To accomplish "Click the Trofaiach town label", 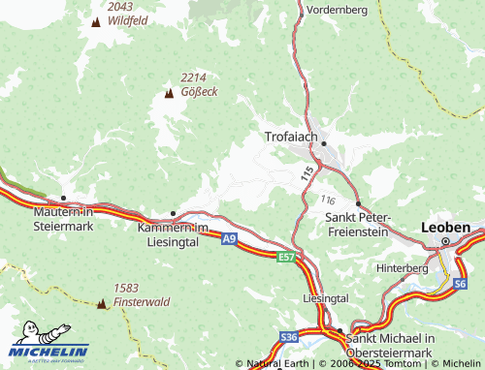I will coord(291,138).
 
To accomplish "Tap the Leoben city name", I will coord(446,227).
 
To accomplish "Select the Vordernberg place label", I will coord(337,9).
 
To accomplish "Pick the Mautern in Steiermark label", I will coord(62,218).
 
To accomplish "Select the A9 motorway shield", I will coord(228,238).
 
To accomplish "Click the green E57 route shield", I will coord(285,257).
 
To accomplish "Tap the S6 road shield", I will coord(460,284).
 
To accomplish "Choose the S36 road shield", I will coord(288,336).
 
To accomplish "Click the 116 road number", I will coord(327,199).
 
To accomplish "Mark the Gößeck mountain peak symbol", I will coord(168,94).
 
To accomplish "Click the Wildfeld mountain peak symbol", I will coord(95,20).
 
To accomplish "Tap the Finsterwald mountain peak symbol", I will coord(101,303).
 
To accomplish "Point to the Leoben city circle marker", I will coord(446,242).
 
